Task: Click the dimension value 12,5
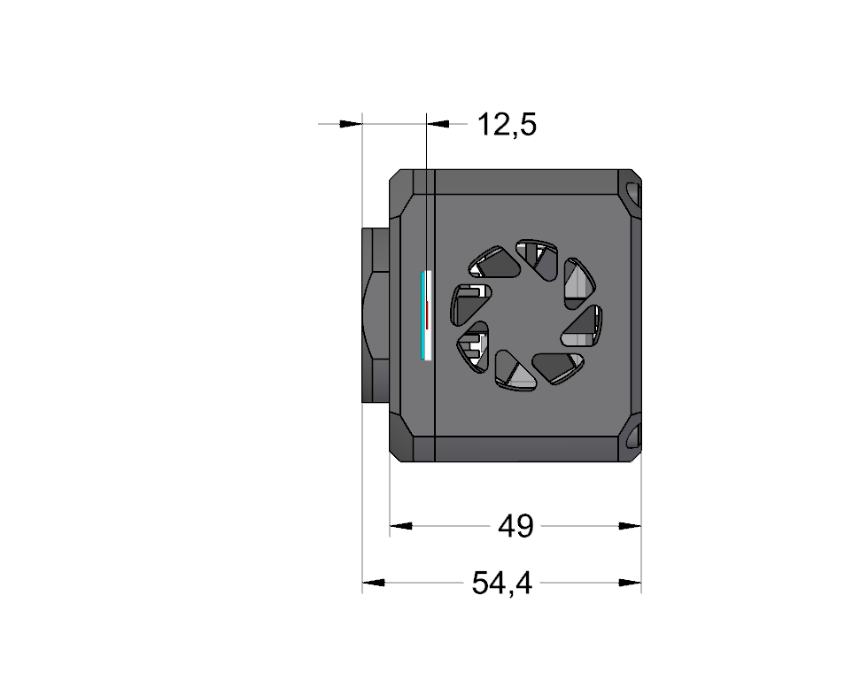pos(507,125)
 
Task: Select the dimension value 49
pos(515,526)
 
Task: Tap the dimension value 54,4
pos(501,583)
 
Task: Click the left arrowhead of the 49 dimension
pos(400,526)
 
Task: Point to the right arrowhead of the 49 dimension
pos(630,526)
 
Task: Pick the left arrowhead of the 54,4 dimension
pos(374,583)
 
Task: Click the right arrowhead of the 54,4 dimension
pos(630,583)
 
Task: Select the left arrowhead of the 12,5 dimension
pos(351,124)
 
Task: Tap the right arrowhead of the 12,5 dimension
pos(438,124)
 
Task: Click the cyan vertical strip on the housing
pos(423,315)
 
